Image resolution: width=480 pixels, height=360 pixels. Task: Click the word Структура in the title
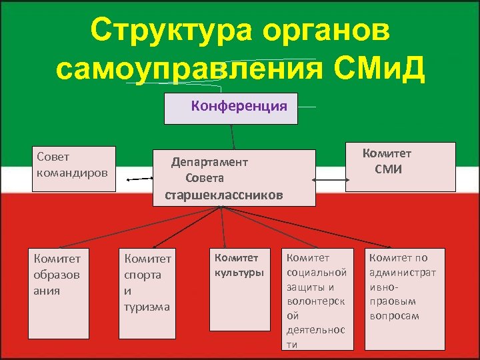click(168, 31)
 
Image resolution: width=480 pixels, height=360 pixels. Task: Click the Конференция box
click(231, 108)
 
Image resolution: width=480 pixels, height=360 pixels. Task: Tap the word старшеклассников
click(224, 195)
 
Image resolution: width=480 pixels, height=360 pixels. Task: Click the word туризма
click(147, 307)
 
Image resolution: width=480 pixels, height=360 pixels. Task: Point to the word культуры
click(239, 272)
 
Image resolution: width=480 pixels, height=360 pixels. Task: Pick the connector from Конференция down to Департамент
click(233, 137)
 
